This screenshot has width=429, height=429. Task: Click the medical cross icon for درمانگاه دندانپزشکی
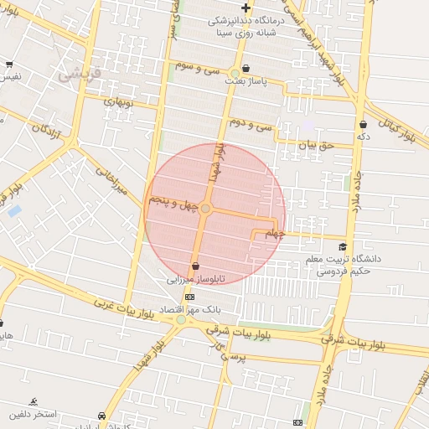(246, 8)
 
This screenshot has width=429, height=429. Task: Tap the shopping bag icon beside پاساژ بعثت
(246, 69)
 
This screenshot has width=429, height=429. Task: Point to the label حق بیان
(317, 144)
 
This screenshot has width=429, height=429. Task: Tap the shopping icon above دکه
(362, 124)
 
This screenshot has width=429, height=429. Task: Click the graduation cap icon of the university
(342, 247)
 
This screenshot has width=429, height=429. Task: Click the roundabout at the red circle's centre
(205, 208)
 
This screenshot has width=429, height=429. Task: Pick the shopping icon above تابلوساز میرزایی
(195, 266)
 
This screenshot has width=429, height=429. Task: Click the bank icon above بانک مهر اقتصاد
(189, 297)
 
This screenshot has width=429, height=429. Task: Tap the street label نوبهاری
(118, 101)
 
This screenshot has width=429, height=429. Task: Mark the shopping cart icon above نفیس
(8, 65)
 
